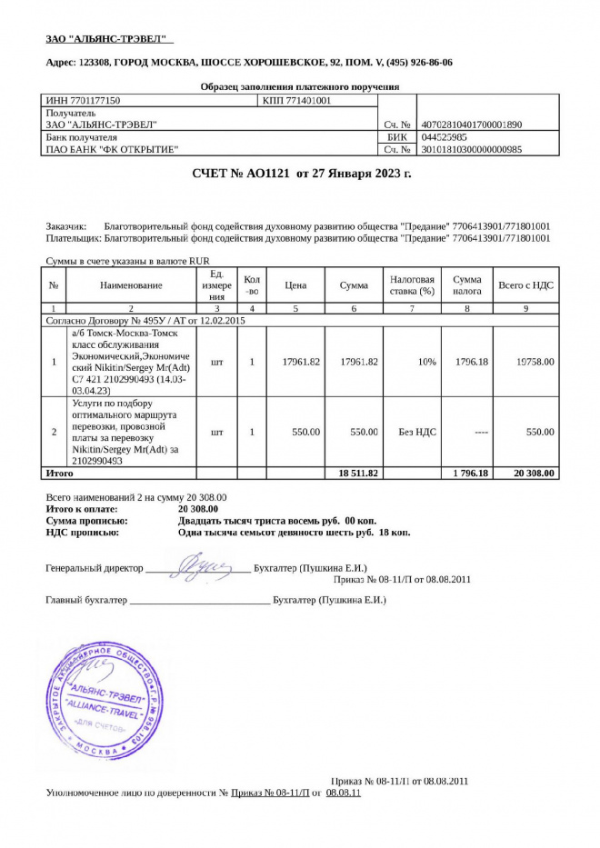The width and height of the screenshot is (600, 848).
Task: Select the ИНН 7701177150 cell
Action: point(83,101)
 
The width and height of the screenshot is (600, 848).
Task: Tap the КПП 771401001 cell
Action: point(296,101)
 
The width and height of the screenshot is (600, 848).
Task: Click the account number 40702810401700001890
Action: point(472,125)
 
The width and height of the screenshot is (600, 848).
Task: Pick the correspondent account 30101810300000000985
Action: point(472,149)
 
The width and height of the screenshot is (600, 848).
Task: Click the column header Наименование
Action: point(131,285)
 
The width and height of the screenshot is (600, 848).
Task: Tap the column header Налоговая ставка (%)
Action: point(412,285)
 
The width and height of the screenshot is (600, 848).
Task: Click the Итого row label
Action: point(59,473)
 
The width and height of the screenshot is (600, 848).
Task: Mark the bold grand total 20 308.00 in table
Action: point(533,473)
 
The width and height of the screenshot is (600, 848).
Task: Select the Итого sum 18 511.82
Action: point(358,473)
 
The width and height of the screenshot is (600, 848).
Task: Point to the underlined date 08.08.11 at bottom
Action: point(343,793)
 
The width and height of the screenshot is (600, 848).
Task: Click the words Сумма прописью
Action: point(87,522)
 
